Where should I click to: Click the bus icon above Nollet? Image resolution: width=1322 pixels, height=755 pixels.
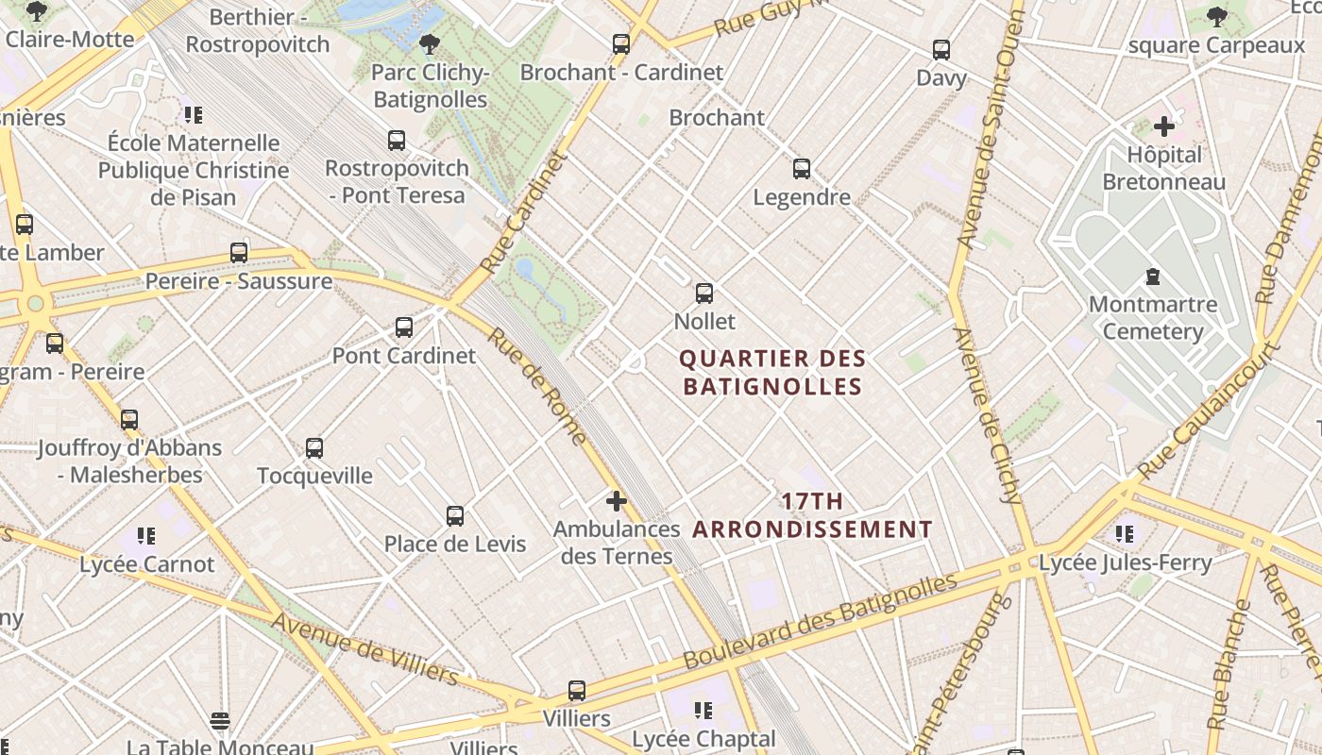704,293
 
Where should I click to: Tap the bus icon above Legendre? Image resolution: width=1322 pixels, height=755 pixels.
802,169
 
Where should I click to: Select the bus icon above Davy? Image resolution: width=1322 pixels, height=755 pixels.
941,49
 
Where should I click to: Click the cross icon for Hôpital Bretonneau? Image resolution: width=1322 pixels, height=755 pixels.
1164,126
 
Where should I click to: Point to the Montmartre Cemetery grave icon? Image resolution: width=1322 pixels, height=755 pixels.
1153,277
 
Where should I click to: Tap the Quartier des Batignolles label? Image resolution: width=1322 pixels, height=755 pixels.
772,373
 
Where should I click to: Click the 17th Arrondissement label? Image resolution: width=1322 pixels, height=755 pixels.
812,515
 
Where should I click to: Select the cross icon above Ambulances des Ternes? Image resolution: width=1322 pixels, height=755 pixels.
617,501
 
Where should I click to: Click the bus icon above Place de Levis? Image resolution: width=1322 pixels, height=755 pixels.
455,516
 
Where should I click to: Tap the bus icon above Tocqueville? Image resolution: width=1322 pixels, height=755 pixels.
314,447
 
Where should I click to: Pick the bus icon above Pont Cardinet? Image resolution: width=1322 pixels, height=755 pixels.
404,327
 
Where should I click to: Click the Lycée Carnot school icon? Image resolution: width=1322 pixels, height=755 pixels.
146,536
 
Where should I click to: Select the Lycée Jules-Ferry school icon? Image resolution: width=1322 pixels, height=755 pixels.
1125,534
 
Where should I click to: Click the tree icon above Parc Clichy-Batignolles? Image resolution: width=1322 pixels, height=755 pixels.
430,43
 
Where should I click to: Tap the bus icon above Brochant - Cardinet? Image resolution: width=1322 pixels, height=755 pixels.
621,43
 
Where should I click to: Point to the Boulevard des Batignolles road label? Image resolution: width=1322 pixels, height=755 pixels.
819,620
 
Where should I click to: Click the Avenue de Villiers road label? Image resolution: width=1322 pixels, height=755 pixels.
364,649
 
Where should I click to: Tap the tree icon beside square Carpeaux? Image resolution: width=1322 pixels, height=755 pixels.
1217,16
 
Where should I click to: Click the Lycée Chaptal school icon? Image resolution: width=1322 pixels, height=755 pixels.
703,710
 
